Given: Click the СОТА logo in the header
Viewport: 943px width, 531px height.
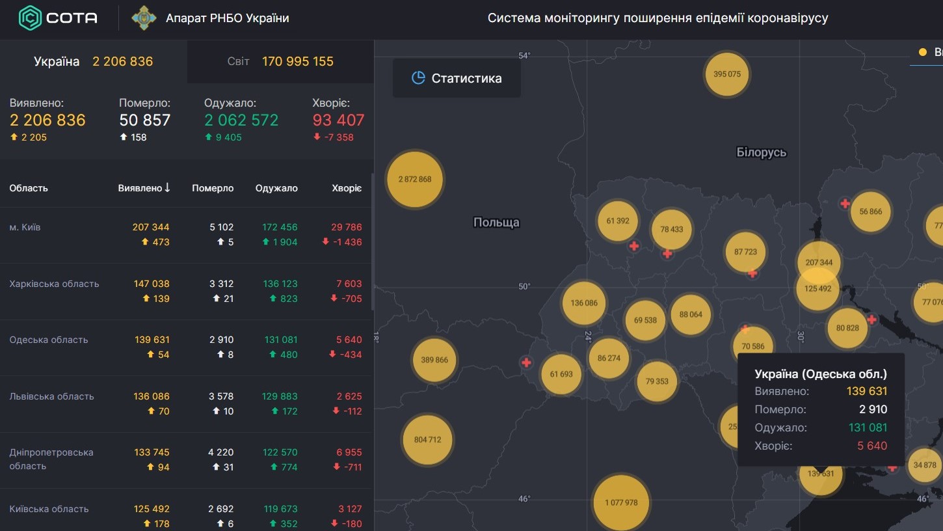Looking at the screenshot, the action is click(58, 18).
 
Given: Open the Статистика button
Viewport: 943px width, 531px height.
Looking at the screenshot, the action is click(457, 78).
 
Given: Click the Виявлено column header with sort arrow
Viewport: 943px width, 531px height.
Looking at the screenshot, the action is click(144, 188).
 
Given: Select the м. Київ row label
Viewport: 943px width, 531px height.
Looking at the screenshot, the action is click(25, 227).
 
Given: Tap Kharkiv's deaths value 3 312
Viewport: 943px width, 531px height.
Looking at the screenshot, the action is click(221, 284).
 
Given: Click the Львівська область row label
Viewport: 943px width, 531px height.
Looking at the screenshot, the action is click(51, 396).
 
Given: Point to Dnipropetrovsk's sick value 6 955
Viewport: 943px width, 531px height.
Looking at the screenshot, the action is click(349, 452).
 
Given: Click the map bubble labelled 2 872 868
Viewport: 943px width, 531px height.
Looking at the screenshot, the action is click(415, 180).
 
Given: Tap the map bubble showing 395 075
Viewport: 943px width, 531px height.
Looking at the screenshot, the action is click(727, 74).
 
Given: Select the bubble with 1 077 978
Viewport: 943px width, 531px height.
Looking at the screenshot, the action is click(621, 502).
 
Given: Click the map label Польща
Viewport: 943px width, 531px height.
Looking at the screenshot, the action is click(496, 223).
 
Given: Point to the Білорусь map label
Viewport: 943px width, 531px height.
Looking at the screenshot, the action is click(761, 152).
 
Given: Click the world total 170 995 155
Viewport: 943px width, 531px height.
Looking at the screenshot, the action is click(298, 61).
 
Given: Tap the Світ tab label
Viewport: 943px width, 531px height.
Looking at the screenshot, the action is click(238, 61).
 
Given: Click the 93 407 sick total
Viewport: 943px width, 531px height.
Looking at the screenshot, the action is click(338, 120).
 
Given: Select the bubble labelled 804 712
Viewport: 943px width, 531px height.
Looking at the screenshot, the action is click(427, 440).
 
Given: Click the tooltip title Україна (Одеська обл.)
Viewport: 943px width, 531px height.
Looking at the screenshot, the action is click(821, 374).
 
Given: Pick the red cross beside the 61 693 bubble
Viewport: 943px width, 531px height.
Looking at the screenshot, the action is click(526, 362).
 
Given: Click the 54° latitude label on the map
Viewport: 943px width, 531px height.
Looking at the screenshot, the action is click(524, 55).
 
